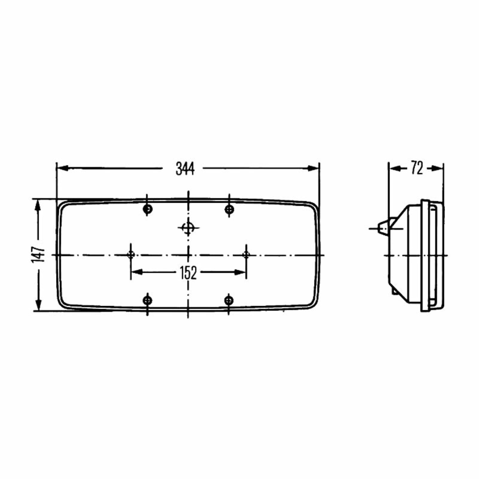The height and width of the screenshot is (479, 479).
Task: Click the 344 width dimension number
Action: (185, 168)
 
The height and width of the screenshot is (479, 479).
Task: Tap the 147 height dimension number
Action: (38, 254)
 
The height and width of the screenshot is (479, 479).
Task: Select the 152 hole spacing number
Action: (188, 273)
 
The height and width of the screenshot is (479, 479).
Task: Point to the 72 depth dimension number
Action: (417, 168)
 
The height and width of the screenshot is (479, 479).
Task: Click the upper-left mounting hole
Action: (147, 209)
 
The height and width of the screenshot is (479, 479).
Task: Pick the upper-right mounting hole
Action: (229, 209)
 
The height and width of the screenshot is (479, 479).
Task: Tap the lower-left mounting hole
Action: (147, 300)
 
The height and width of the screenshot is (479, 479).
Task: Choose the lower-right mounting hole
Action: (229, 300)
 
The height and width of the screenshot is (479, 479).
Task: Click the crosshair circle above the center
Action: (188, 228)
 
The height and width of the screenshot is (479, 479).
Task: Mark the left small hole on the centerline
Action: (131, 254)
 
